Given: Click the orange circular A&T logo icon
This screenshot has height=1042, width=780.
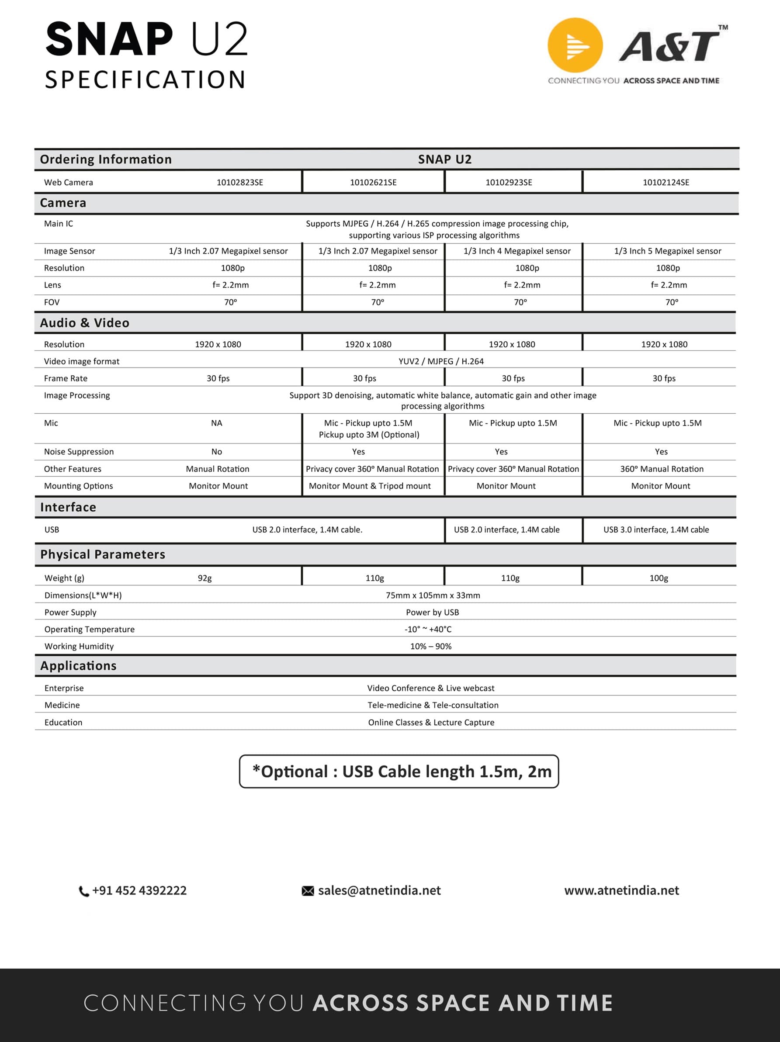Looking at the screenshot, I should click(x=575, y=45).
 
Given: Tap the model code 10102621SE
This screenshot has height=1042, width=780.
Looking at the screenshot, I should click(x=373, y=182).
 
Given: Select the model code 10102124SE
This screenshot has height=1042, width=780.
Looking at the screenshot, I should click(x=666, y=182).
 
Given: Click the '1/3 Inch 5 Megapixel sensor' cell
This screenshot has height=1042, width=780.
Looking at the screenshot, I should click(x=667, y=251).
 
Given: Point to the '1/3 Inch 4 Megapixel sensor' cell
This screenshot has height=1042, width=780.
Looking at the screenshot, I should click(x=517, y=251).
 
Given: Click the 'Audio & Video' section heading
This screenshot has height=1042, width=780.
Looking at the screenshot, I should click(x=84, y=323).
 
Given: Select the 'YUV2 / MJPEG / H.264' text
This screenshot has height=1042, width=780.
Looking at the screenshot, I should click(x=441, y=361).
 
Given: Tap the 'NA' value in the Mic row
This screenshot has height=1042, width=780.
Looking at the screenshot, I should click(x=217, y=423).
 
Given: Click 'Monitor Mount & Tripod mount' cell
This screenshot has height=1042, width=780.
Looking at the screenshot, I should click(x=370, y=486).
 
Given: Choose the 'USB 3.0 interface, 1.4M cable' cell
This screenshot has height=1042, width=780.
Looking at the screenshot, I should click(x=655, y=530).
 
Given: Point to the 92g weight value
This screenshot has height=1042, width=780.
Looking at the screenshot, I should click(x=205, y=578).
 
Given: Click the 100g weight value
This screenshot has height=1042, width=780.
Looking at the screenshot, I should click(x=659, y=578).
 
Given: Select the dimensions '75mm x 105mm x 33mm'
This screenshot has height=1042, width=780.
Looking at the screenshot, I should click(x=433, y=595).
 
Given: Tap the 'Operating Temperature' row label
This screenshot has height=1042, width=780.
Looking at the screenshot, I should click(x=90, y=629).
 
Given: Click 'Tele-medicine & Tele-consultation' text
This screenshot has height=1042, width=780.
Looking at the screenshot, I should click(x=433, y=705).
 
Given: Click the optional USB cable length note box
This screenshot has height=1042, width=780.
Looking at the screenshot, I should click(x=399, y=772).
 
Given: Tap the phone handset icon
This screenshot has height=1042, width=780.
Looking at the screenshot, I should click(x=83, y=891).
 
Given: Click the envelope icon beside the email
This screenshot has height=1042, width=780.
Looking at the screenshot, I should click(x=308, y=891).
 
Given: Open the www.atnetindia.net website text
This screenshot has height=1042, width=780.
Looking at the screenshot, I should click(x=621, y=890).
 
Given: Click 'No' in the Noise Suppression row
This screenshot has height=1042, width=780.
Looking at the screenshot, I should click(x=217, y=452).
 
